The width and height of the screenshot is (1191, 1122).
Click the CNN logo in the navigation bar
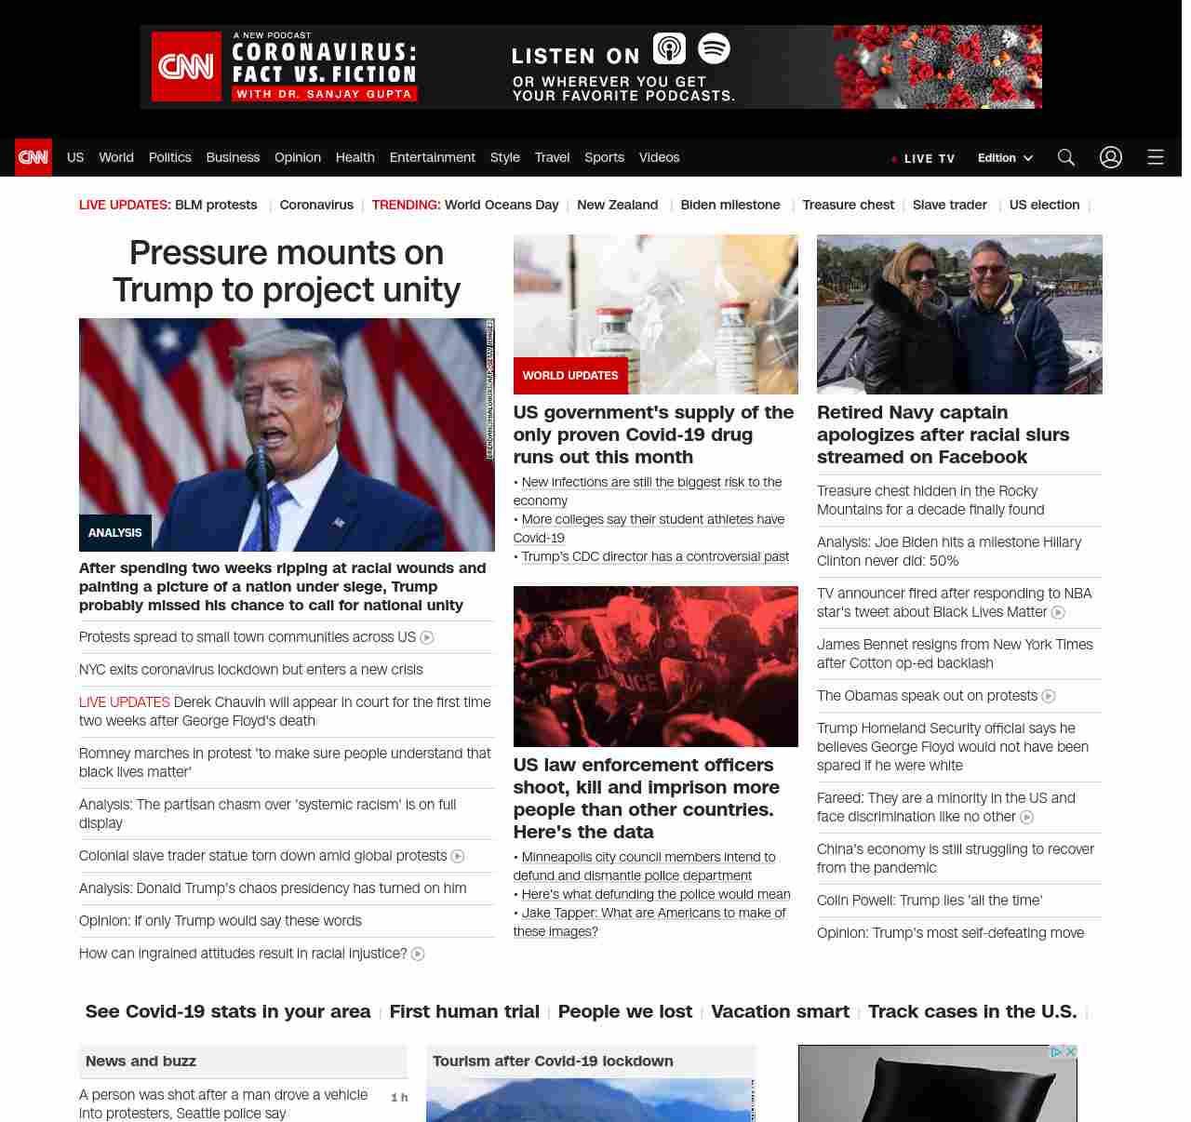point(33,157)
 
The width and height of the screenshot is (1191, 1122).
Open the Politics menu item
point(169,157)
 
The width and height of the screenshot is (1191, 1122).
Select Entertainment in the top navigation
point(432,157)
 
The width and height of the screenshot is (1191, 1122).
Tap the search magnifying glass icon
point(1066,157)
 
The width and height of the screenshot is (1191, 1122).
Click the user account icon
point(1111,157)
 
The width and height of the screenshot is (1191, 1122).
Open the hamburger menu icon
point(1156,157)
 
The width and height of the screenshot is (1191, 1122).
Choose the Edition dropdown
point(1005,158)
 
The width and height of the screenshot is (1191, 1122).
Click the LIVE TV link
point(924,159)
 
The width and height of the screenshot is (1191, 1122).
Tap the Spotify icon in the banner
point(714,48)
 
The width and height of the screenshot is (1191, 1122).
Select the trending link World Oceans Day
point(502,205)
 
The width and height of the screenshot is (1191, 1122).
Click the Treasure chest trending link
point(848,205)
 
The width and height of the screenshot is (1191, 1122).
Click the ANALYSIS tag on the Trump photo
point(115,533)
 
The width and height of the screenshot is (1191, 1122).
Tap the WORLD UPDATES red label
point(570,376)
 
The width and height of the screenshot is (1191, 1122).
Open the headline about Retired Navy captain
point(943,434)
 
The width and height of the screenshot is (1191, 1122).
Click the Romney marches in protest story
point(285,762)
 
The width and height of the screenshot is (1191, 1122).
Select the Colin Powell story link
point(929,901)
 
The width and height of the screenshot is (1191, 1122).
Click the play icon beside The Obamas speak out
point(1049,696)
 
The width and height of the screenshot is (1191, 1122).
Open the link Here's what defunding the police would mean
point(656,894)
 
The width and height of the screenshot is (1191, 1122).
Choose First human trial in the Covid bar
point(464,1011)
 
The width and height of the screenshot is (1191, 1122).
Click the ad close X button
point(1071,1052)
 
